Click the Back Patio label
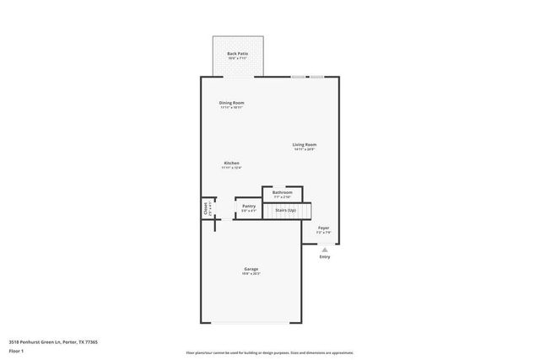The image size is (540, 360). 237,53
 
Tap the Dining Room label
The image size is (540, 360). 231,103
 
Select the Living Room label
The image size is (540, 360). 305,145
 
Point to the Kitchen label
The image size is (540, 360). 231,163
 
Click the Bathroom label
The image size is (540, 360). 282,192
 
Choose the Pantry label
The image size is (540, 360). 249,206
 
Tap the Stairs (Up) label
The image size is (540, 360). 286,210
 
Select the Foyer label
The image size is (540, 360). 323,228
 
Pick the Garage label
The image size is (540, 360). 251,269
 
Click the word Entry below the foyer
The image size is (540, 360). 324,257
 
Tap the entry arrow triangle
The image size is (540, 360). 324,249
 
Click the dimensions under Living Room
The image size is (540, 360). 305,150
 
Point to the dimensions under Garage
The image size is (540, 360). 251,274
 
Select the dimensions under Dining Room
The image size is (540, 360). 231,108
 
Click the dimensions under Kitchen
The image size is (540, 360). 231,168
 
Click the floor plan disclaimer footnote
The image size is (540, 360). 269,352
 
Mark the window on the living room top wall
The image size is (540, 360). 308,78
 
